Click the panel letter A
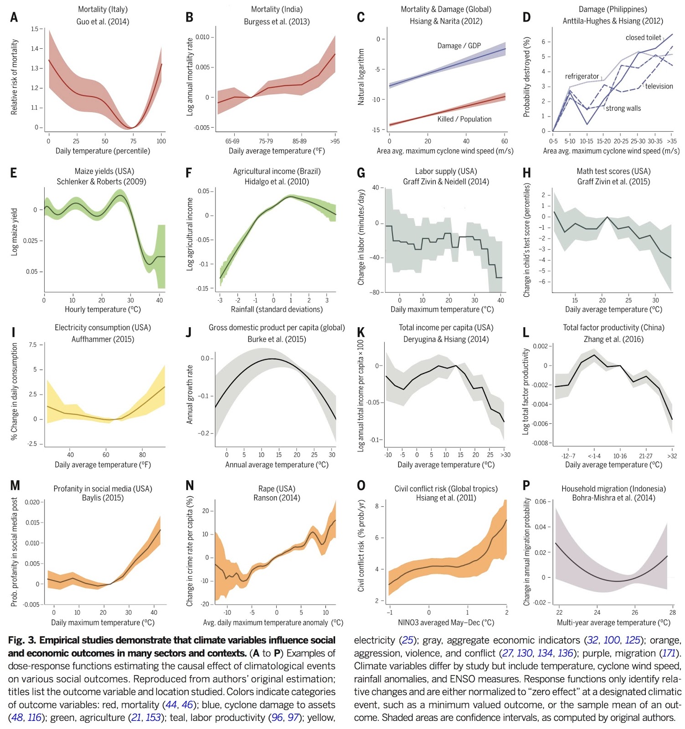(x=14, y=17)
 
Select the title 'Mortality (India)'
(x=277, y=9)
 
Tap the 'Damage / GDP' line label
(x=459, y=46)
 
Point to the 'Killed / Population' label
(x=464, y=119)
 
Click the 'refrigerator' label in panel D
(x=582, y=76)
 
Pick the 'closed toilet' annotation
(x=643, y=37)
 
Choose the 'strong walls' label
(x=623, y=108)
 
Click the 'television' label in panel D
(x=659, y=86)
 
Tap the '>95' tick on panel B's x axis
(x=335, y=141)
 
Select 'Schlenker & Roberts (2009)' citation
(x=101, y=181)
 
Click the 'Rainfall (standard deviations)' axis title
(x=277, y=309)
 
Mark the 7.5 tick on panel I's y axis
(x=33, y=345)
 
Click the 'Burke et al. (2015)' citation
(x=277, y=339)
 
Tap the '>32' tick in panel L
(x=672, y=456)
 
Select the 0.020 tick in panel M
(x=32, y=502)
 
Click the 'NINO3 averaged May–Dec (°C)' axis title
(x=446, y=622)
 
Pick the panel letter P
(x=526, y=486)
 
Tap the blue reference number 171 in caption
(x=668, y=653)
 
